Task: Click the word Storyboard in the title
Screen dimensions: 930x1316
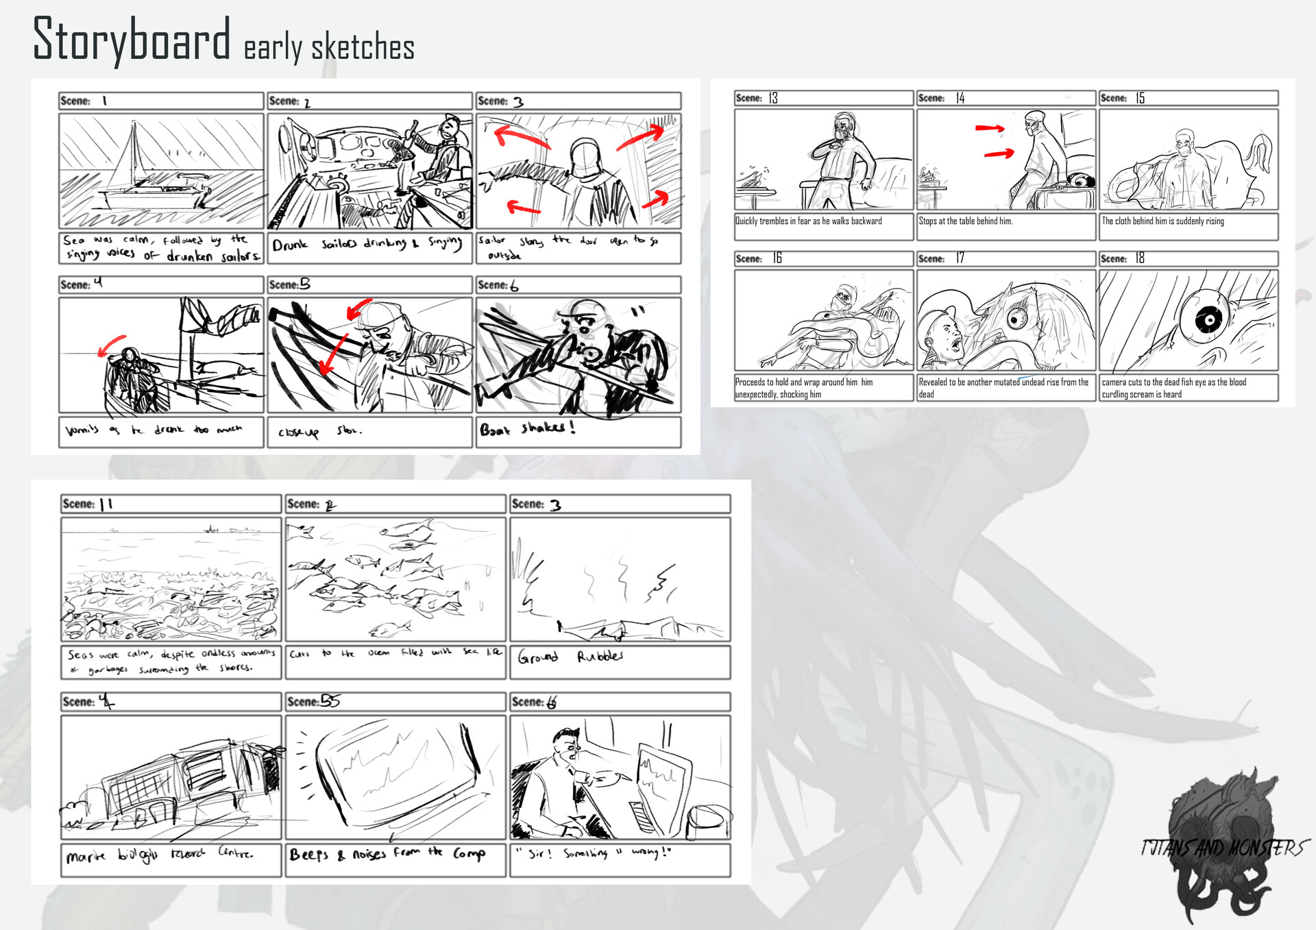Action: [x=132, y=40]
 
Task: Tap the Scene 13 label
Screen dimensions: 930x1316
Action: [x=757, y=98]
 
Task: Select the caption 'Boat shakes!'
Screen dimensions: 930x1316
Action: [x=526, y=430]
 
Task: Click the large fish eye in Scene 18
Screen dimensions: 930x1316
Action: [x=1208, y=319]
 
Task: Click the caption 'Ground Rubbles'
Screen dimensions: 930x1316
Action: [x=570, y=657]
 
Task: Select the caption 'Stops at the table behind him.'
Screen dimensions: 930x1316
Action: [x=965, y=221]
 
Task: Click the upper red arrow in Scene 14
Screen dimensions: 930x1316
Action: [x=990, y=127]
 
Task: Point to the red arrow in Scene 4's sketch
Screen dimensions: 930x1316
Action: [x=111, y=345]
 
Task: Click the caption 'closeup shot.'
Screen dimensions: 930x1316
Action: [x=319, y=431]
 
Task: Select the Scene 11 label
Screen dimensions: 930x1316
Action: [x=88, y=504]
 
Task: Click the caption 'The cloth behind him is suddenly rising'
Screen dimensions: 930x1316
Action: [x=1162, y=221]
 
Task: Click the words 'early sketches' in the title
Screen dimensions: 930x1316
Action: [x=328, y=48]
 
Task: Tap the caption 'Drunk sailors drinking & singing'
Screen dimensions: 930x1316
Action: [x=367, y=244]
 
